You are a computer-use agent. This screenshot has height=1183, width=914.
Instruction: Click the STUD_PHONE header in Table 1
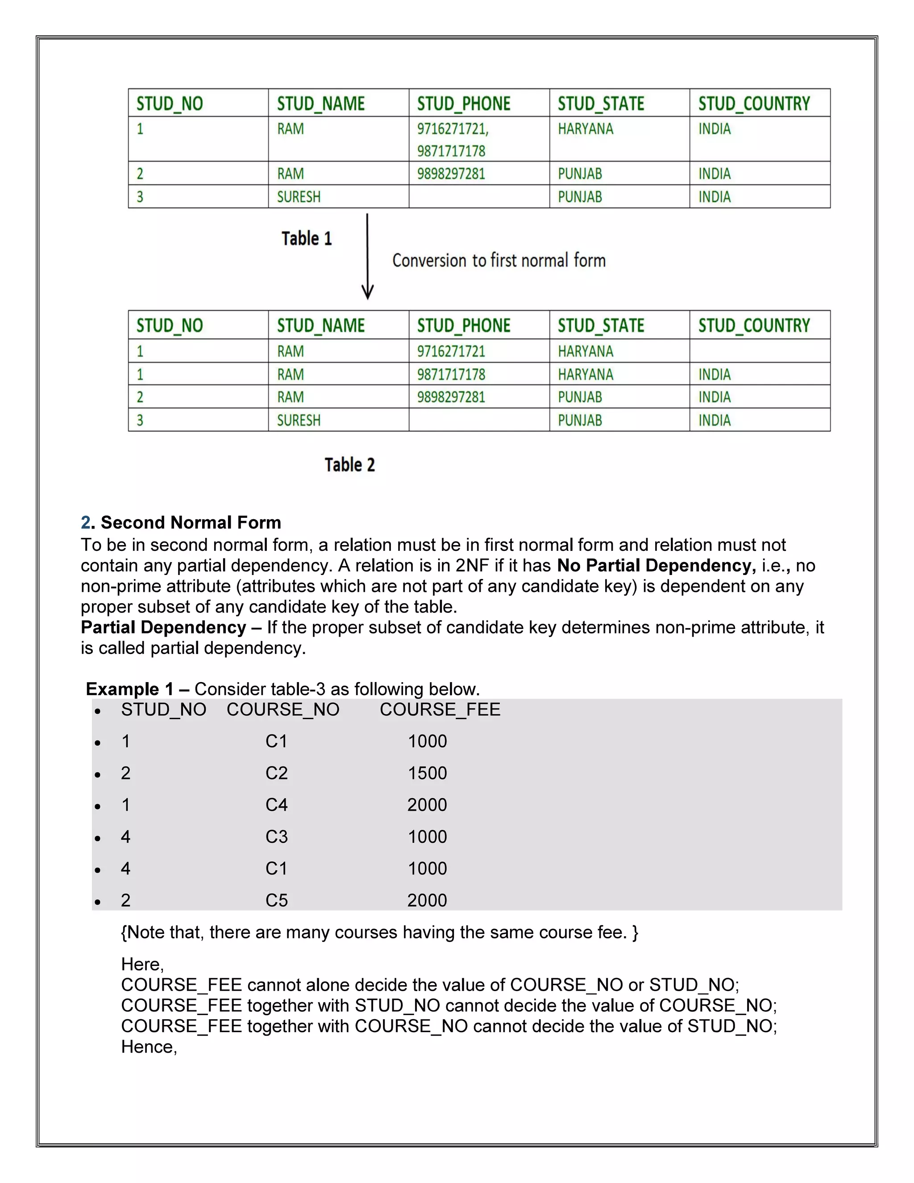(x=464, y=104)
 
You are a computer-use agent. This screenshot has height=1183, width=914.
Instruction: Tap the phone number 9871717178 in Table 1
(x=451, y=151)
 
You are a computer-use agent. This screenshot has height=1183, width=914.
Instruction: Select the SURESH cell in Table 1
(x=299, y=196)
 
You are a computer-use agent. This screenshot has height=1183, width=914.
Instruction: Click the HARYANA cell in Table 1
(x=586, y=129)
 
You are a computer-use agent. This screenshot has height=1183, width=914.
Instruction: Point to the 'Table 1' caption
(x=307, y=238)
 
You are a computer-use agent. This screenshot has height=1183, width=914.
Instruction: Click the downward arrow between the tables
(x=367, y=257)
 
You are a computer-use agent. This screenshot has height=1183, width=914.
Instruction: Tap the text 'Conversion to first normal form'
(x=499, y=261)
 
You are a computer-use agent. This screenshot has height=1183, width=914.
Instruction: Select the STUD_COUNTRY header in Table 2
(x=754, y=325)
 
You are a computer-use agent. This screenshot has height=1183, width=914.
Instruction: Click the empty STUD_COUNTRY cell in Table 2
(x=759, y=351)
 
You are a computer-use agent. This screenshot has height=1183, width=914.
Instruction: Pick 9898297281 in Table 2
(x=451, y=397)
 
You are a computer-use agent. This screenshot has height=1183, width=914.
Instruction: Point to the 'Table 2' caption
(x=350, y=465)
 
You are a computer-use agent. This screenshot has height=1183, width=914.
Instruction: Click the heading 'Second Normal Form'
(x=191, y=522)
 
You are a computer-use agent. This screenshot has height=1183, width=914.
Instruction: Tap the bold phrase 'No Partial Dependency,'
(x=656, y=566)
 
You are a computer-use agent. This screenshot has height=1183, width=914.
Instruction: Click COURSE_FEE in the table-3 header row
(x=440, y=710)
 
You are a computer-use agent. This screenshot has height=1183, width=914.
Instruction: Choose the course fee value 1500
(x=427, y=773)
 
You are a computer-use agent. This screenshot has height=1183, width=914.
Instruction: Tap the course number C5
(x=276, y=900)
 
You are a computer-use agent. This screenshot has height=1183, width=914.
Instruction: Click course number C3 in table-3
(x=276, y=837)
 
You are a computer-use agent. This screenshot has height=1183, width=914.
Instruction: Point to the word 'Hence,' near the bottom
(x=149, y=1047)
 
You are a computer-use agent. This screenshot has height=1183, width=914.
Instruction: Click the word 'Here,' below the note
(x=142, y=964)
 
